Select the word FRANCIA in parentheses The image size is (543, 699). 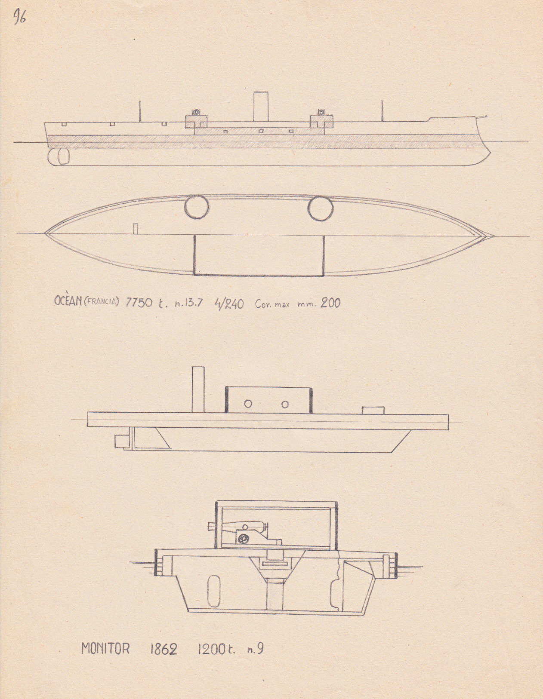[x=101, y=302]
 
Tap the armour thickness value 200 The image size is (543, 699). [x=330, y=303]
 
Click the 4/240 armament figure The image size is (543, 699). [x=229, y=304]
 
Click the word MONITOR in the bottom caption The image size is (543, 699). [x=105, y=649]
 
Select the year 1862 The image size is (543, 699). [x=164, y=649]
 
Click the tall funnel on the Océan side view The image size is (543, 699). [x=261, y=107]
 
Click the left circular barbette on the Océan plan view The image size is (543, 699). [x=197, y=207]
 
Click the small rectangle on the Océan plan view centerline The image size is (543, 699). [x=136, y=228]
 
